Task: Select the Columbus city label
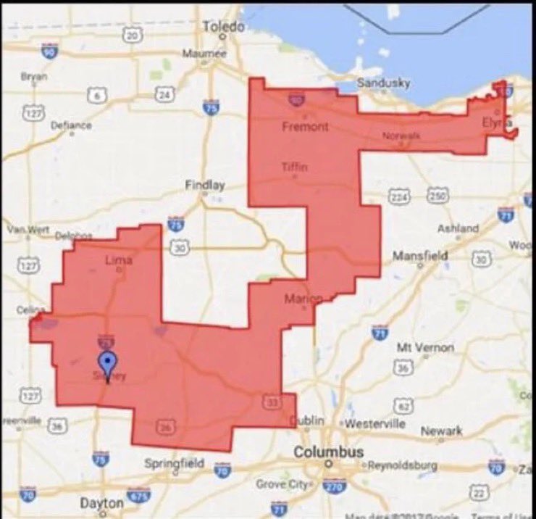click(x=328, y=452)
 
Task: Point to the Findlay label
click(x=205, y=185)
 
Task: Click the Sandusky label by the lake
click(x=384, y=83)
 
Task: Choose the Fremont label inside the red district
click(x=305, y=127)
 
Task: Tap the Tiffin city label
click(x=295, y=167)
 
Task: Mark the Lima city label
click(x=118, y=259)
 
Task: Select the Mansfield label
click(x=420, y=256)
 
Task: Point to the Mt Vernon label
click(x=425, y=347)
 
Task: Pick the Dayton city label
click(x=101, y=502)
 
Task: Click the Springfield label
click(x=174, y=463)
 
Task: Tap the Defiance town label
click(x=71, y=125)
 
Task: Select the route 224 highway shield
click(x=399, y=196)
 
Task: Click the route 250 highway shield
click(x=436, y=196)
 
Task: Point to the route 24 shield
click(x=165, y=94)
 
